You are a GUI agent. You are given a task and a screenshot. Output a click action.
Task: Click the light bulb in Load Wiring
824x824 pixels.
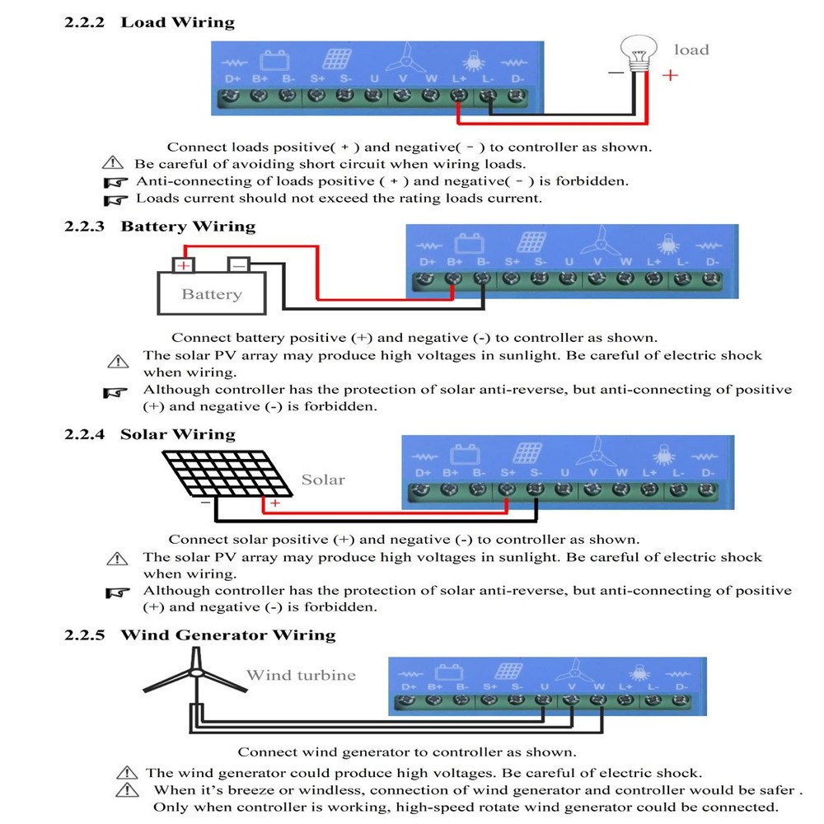click(x=639, y=54)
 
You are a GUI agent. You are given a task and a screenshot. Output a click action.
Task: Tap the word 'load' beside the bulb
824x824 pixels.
click(x=691, y=49)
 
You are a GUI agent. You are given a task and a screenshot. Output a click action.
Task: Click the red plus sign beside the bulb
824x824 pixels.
click(x=671, y=75)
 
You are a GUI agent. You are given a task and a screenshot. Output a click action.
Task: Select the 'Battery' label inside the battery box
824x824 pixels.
click(x=212, y=294)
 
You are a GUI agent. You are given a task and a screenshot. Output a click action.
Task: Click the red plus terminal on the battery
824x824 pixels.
click(x=184, y=265)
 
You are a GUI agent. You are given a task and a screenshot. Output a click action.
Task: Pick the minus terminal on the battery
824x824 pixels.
click(x=238, y=265)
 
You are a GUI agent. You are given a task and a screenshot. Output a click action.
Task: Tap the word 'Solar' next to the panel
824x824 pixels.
click(x=322, y=480)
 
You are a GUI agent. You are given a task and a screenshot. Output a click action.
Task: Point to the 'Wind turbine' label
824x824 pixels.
click(x=302, y=676)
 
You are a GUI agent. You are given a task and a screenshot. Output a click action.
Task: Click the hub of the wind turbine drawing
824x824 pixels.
click(x=197, y=673)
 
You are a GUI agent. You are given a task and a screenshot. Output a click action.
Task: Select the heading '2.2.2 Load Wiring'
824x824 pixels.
click(x=149, y=23)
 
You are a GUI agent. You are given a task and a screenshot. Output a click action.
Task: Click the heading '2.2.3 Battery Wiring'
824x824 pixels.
click(x=160, y=227)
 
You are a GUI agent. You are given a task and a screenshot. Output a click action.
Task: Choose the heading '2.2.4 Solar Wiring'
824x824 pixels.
click(x=150, y=434)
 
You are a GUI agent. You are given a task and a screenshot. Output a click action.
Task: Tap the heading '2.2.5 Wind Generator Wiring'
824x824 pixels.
click(x=200, y=635)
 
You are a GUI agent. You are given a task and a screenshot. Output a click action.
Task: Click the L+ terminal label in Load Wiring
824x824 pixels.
click(x=460, y=79)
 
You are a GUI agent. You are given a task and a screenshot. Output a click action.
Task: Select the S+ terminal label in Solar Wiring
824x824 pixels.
click(x=507, y=473)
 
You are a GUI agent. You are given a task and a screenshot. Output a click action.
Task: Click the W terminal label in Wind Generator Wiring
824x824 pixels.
click(x=598, y=686)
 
